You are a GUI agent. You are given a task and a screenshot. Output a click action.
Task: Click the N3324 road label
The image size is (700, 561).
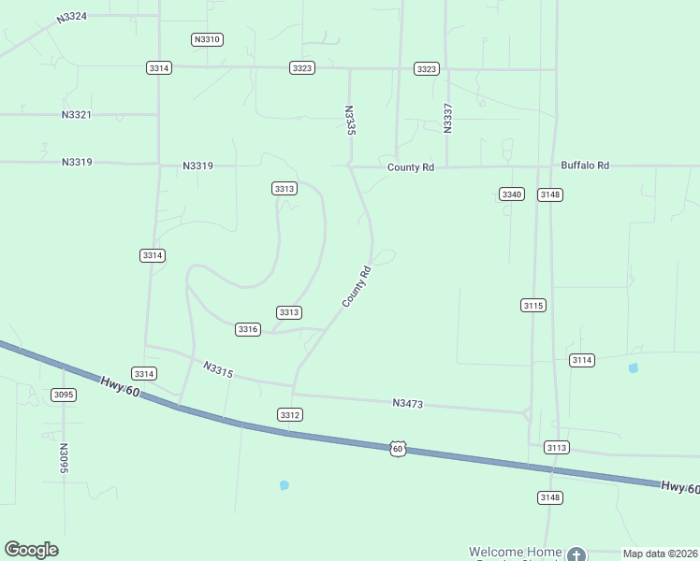point(72,17)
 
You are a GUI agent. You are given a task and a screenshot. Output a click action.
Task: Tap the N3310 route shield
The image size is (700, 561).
point(206,39)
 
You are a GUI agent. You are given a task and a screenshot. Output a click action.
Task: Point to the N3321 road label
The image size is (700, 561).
point(77,114)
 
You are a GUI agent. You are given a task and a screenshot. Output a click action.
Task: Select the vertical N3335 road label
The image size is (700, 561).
point(350,121)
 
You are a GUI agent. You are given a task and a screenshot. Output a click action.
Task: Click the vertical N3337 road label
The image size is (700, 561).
point(447,116)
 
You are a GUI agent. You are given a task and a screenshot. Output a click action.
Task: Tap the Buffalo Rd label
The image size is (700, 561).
point(585,165)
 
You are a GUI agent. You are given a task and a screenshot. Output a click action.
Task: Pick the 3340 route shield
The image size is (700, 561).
point(511,194)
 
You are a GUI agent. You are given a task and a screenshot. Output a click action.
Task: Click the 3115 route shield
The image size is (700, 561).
point(533,306)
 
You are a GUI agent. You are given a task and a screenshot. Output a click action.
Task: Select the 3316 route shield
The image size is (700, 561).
point(248,329)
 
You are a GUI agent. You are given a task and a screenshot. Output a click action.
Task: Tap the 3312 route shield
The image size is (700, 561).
point(289,414)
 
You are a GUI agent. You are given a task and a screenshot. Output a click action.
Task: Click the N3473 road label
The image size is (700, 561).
point(408,403)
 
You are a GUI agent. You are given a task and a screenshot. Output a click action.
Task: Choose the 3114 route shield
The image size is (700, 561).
point(582,360)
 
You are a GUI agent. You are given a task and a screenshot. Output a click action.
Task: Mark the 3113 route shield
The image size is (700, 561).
point(556,448)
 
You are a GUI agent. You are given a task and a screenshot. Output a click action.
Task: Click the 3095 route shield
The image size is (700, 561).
point(64,395)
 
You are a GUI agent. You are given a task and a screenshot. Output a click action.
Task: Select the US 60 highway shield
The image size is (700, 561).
point(399,449)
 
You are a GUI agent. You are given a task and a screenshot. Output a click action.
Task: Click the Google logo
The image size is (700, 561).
point(31,550)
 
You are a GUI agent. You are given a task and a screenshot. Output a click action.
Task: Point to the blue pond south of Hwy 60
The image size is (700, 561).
point(284,485)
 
